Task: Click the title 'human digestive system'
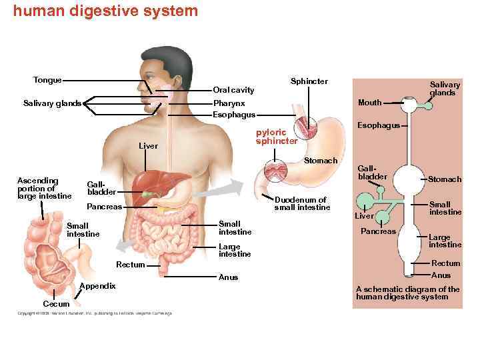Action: pyautogui.click(x=105, y=11)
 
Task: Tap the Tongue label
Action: pyautogui.click(x=47, y=80)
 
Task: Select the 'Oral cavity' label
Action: pyautogui.click(x=233, y=89)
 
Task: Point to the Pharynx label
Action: pyautogui.click(x=229, y=103)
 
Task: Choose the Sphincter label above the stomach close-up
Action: pyautogui.click(x=309, y=81)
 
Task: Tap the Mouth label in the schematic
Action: pyautogui.click(x=369, y=103)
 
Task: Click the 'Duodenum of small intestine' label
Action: pyautogui.click(x=301, y=203)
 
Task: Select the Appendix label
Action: pyautogui.click(x=97, y=286)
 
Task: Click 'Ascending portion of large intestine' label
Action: pyautogui.click(x=44, y=188)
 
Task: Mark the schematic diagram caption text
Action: pyautogui.click(x=407, y=293)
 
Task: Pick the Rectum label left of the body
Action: pyautogui.click(x=130, y=265)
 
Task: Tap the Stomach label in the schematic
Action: pyautogui.click(x=444, y=179)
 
